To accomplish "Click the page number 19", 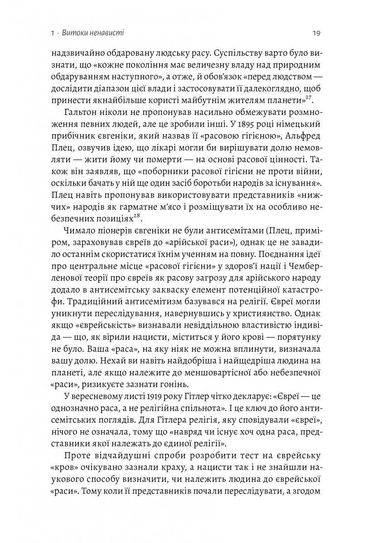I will coord(317,33).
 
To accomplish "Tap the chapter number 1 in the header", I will coord(53,33).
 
